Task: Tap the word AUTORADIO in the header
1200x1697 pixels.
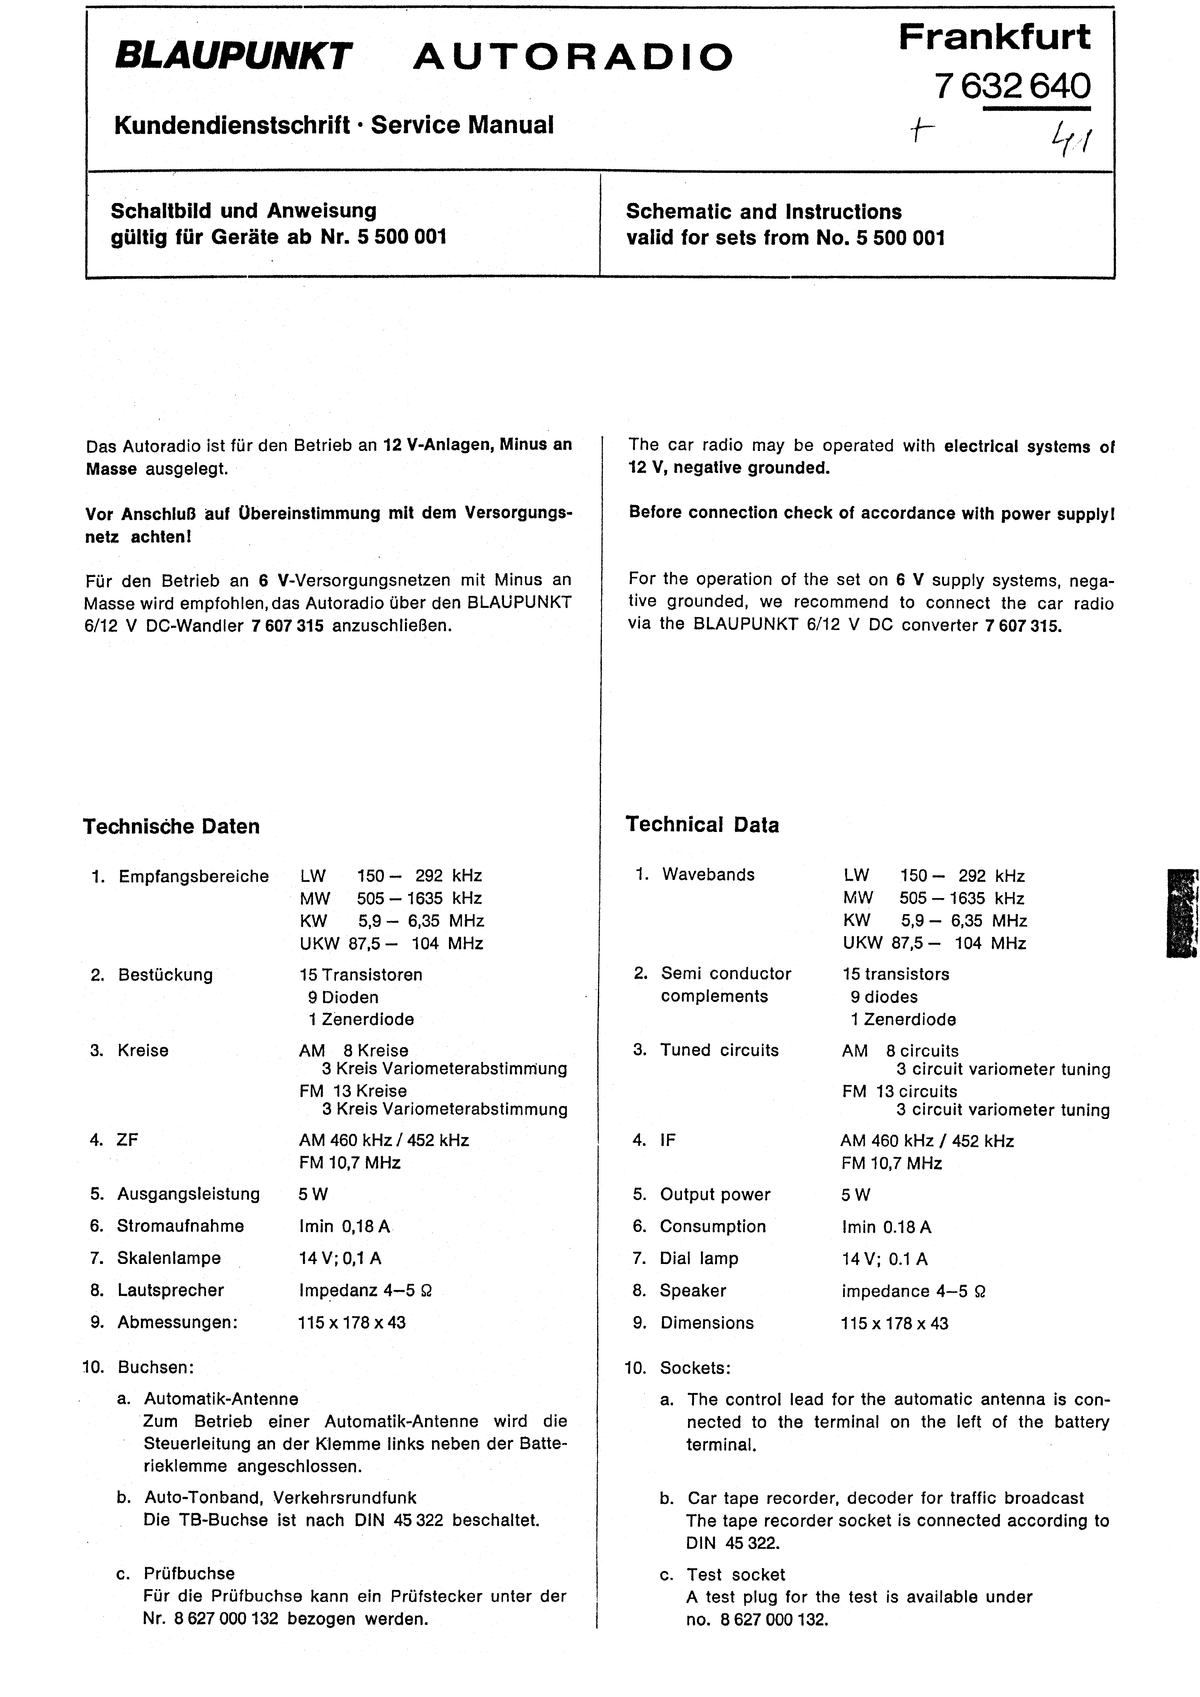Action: click(573, 57)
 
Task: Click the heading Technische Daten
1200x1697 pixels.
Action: click(172, 826)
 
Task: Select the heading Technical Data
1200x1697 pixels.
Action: click(702, 825)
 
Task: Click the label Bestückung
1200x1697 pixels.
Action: click(166, 975)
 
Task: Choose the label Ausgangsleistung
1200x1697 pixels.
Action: click(188, 1194)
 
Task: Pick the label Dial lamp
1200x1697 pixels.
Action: click(699, 1259)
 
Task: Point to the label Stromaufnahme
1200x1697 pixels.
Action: click(180, 1226)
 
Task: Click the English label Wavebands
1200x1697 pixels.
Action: click(708, 875)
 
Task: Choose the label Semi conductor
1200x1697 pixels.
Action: click(726, 974)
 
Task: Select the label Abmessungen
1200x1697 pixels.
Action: click(177, 1322)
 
